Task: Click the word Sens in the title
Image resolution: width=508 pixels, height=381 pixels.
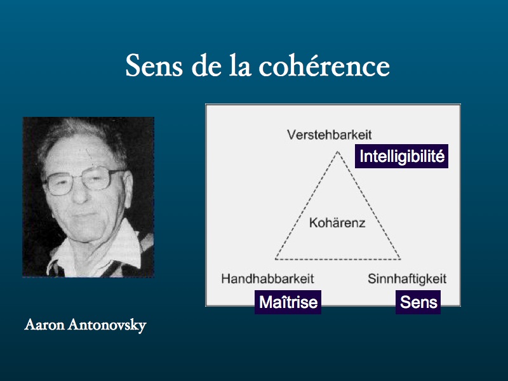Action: pos(154,66)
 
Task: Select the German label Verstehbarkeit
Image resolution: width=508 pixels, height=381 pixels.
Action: pos(329,135)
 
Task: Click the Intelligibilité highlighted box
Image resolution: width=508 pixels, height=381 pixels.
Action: pos(402,156)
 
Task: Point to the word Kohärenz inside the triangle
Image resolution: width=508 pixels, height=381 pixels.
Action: pos(337,223)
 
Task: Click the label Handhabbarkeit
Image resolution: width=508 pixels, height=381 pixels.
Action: pos(267,279)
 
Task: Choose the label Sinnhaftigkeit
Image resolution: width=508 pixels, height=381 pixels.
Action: pos(407,279)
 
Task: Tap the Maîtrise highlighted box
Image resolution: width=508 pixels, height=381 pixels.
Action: pos(288,302)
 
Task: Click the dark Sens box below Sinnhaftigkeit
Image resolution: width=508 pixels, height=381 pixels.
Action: pos(418,302)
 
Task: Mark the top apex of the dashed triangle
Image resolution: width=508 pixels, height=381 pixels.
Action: pos(338,152)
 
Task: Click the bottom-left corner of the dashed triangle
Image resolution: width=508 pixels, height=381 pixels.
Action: pos(276,259)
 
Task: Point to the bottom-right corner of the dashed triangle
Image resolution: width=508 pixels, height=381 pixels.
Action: pos(400,259)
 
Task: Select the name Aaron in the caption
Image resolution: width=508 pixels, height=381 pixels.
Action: pos(44,324)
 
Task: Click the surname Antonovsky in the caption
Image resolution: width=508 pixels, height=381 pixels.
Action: pos(107,325)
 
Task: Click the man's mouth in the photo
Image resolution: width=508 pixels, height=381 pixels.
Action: pos(85,215)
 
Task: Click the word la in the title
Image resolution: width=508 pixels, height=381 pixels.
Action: pos(240,66)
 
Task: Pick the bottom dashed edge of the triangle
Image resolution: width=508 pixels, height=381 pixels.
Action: pos(338,259)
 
